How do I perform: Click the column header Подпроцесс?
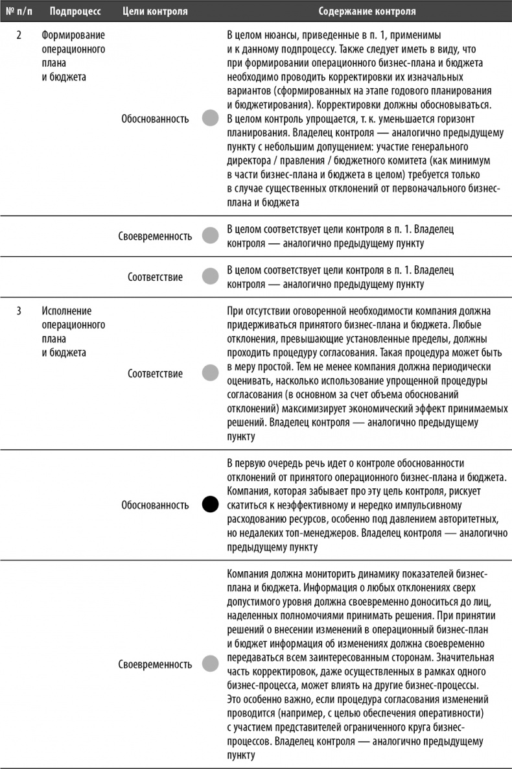(71, 12)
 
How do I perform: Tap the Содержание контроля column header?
(367, 12)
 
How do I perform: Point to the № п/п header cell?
(18, 12)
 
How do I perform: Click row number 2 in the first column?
(19, 34)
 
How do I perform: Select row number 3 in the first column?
(19, 310)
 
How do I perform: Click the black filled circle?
(211, 504)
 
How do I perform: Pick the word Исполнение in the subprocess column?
(67, 310)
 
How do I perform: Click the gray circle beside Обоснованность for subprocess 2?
(211, 119)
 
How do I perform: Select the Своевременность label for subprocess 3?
(155, 665)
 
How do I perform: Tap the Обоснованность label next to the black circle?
(155, 504)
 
